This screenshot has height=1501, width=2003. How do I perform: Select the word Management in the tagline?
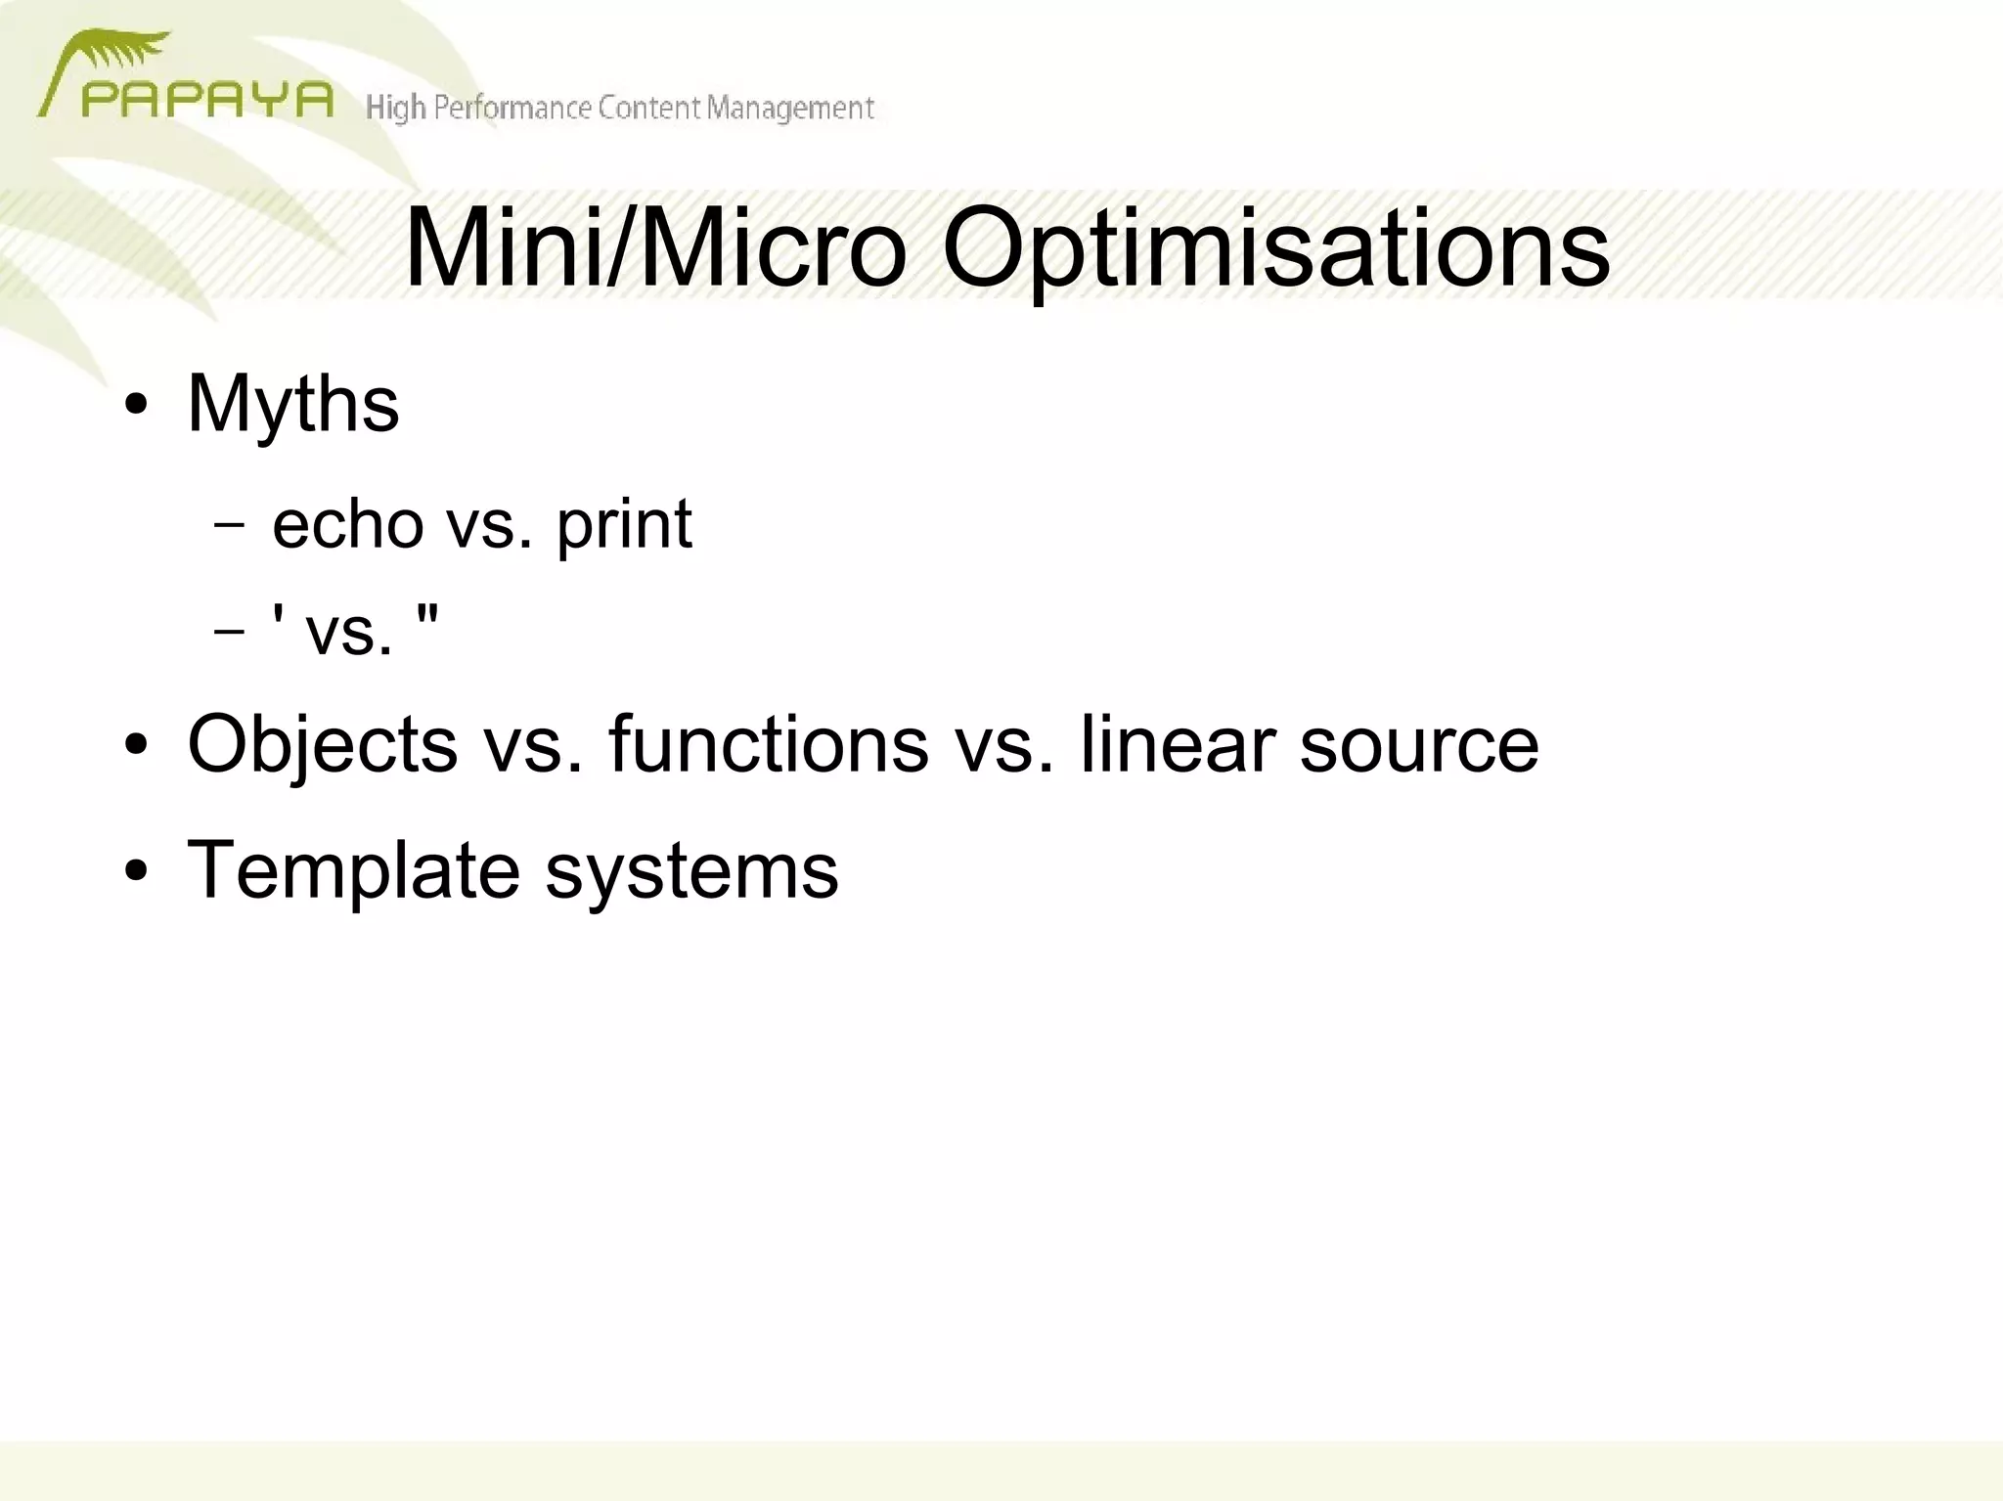coord(790,108)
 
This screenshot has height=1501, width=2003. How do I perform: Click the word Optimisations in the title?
coord(1275,249)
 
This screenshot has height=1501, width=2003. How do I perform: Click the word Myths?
coord(292,404)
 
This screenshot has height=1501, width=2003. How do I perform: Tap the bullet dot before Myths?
coord(136,405)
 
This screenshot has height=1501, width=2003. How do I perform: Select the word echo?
coord(347,524)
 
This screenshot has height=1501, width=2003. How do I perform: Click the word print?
coord(624,525)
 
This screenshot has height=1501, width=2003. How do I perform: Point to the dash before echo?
coord(229,524)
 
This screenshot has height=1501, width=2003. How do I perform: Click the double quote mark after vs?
coord(427,618)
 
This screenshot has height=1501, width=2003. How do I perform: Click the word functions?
coord(768,744)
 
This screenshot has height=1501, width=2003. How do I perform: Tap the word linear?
coord(1178,744)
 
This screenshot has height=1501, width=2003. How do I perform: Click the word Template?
coord(353,870)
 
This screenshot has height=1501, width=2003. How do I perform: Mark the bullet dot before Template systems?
coord(136,870)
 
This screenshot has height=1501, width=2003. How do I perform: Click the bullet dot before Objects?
coord(136,745)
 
